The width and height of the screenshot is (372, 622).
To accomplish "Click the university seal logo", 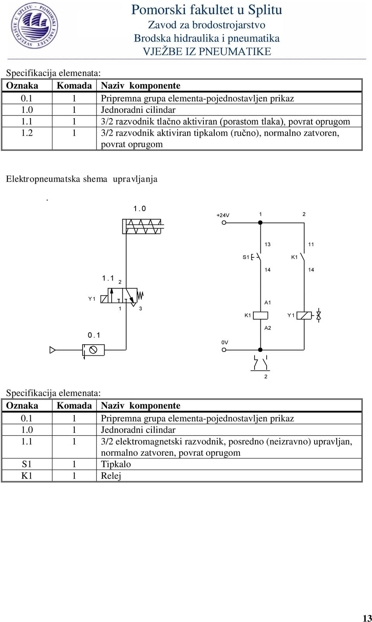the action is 34,26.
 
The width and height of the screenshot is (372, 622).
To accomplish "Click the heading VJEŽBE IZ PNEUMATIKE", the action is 207,52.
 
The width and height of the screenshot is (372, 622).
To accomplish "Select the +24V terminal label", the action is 223,215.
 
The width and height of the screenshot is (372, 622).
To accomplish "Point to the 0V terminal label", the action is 225,342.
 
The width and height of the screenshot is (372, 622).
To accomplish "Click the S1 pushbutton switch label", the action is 246,257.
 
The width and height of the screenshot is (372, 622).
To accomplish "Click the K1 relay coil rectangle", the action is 261,315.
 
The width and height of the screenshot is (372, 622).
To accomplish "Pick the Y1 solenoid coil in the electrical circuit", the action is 304,316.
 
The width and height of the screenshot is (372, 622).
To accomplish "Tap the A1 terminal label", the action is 267,303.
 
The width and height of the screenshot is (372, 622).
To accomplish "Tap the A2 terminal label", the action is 268,328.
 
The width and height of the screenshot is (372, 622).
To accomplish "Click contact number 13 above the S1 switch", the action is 267,245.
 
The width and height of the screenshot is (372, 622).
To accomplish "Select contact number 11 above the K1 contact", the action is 311,245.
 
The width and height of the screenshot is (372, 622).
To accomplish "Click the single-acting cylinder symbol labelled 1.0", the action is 143,226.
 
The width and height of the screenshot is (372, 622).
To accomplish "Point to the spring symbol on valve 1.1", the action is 140,295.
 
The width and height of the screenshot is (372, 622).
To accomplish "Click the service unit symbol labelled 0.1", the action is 93,350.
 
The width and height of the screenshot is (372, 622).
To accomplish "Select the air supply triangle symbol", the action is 52,350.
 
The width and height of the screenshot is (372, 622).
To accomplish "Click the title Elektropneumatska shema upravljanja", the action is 82,179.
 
